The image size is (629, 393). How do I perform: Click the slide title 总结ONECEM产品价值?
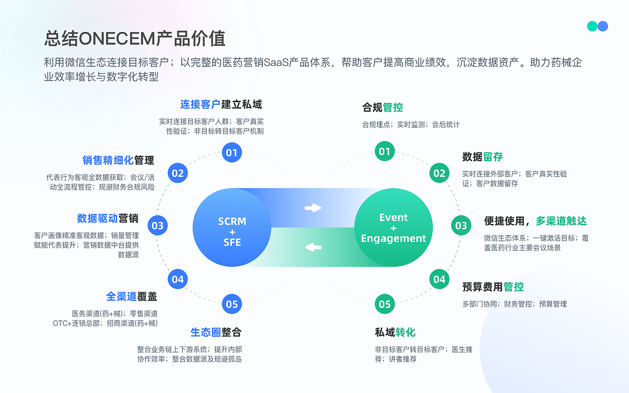click(135, 38)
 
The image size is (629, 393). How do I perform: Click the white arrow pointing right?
click(313, 208)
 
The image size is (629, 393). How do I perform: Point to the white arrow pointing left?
click(313, 247)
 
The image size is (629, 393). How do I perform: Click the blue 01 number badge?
click(232, 152)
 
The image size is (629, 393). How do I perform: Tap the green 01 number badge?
click(385, 151)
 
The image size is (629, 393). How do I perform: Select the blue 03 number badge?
click(157, 226)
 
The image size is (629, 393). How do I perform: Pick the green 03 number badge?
click(461, 226)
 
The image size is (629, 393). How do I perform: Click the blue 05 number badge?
click(232, 304)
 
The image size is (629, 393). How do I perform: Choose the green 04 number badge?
click(439, 280)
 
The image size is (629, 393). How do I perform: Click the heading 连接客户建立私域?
click(221, 104)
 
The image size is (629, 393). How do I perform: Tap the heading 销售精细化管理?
click(118, 160)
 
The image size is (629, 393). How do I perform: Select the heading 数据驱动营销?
click(108, 218)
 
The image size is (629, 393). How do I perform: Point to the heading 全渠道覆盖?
click(131, 297)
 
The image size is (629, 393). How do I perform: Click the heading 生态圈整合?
click(216, 332)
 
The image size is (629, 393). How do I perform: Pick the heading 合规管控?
click(382, 107)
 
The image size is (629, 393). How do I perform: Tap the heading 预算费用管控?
click(493, 287)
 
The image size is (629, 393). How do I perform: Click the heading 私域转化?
click(395, 332)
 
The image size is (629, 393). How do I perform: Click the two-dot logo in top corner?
click(598, 26)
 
